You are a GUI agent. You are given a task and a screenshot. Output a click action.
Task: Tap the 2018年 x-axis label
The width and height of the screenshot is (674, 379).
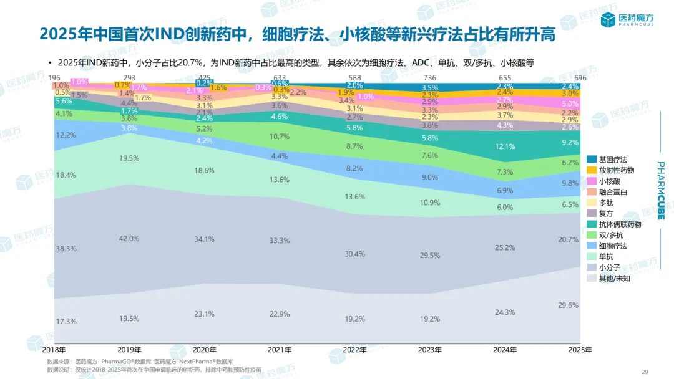coord(54,350)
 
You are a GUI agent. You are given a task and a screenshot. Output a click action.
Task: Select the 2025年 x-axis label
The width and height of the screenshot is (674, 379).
coord(580,350)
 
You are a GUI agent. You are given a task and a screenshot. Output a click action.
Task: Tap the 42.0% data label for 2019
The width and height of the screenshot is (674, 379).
coord(129,239)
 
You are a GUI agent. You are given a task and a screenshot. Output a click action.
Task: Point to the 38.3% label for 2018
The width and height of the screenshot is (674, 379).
coord(66,249)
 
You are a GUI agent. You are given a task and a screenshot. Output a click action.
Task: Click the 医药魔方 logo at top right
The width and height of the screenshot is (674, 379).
coord(627,20)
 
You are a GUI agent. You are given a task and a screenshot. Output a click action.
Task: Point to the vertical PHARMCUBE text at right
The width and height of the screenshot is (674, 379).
coord(662,191)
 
